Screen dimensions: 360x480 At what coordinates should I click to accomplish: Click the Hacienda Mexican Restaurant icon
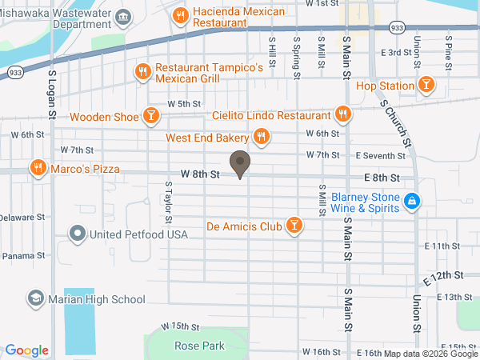(181, 14)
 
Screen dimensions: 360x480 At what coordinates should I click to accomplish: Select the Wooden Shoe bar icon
(150, 116)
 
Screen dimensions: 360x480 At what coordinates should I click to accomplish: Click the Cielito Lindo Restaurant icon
(343, 115)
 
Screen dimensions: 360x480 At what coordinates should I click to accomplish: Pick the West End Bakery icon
(261, 138)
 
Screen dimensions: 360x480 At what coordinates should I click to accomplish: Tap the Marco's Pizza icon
(37, 168)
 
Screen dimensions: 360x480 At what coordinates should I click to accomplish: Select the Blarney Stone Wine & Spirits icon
(412, 202)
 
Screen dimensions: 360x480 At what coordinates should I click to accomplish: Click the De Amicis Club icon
(294, 226)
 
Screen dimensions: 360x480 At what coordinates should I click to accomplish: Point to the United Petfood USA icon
(78, 234)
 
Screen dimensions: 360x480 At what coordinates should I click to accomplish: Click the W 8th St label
(200, 174)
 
